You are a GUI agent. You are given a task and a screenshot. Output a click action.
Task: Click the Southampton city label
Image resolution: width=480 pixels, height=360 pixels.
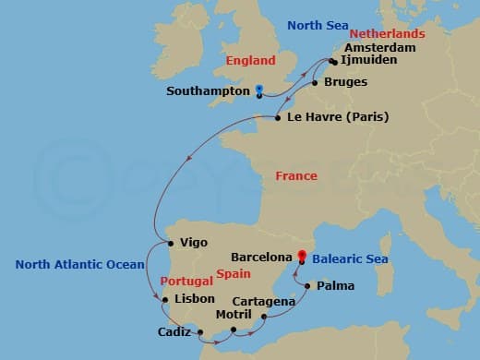[x=209, y=91]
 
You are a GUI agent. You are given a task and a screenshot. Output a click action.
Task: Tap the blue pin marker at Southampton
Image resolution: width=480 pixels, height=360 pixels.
[x=259, y=90]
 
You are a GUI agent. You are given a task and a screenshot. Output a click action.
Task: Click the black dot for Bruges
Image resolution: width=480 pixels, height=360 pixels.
[x=316, y=83]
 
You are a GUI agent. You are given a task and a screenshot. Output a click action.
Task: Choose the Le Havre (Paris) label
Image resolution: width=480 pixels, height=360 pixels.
[x=338, y=117]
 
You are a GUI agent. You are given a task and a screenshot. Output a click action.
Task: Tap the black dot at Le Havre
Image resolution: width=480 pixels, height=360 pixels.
[x=279, y=117]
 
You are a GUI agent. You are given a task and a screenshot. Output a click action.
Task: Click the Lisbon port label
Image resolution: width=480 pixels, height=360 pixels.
[x=195, y=298]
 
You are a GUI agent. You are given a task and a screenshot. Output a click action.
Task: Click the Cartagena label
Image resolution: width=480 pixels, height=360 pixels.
[x=264, y=301]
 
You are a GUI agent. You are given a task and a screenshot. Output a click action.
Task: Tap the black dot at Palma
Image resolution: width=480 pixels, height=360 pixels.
[x=308, y=286]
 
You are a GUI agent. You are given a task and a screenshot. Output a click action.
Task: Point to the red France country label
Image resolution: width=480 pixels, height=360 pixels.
[x=296, y=175]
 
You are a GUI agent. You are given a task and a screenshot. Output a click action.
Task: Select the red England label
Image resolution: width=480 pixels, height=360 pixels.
[x=251, y=61]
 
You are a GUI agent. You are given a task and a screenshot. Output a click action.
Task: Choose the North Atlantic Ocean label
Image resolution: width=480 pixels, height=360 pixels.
[x=79, y=265]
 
